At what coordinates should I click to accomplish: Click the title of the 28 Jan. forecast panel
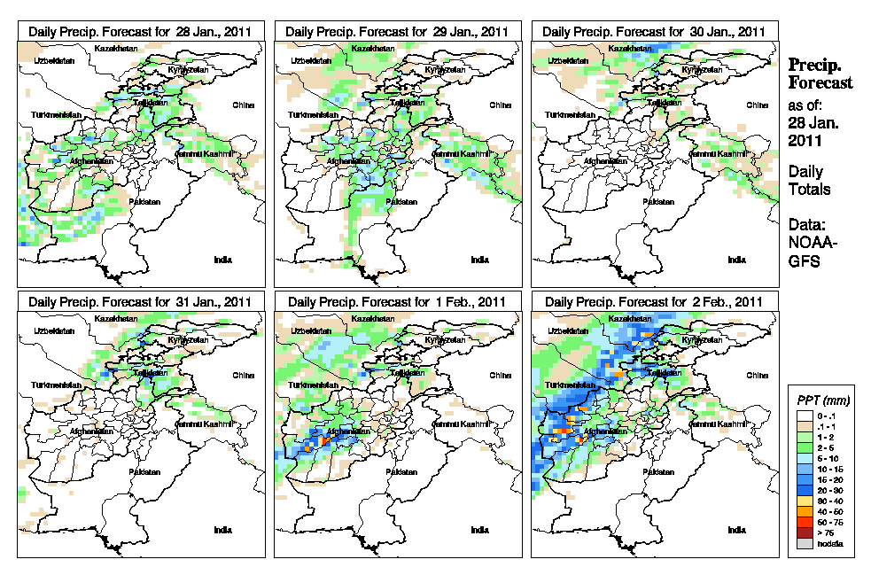tap(140, 31)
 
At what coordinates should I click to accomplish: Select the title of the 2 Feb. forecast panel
tap(654, 301)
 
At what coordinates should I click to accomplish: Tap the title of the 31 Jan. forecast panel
tap(140, 301)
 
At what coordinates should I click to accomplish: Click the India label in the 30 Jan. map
tap(736, 260)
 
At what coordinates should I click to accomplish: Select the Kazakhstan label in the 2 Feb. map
tap(625, 318)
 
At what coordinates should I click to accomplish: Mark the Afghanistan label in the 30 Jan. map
tap(606, 161)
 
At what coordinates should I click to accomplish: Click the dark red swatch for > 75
tap(802, 533)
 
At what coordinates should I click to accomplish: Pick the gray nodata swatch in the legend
tap(802, 543)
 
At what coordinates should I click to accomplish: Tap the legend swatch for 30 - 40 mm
tap(802, 500)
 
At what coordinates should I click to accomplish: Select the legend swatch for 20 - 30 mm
tap(802, 489)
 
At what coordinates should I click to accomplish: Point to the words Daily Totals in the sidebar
tap(809, 180)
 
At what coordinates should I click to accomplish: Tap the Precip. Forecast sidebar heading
tap(820, 74)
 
